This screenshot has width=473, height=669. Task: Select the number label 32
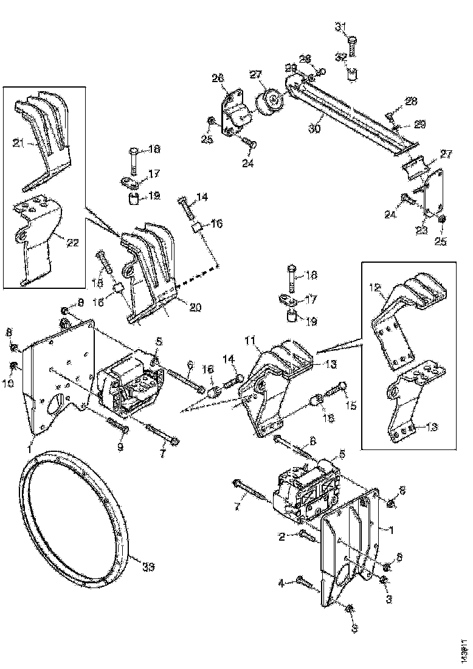click(x=341, y=57)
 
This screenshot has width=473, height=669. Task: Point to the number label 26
click(x=218, y=78)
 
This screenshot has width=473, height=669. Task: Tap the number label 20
click(x=195, y=308)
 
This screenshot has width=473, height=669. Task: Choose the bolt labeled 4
click(x=306, y=583)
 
